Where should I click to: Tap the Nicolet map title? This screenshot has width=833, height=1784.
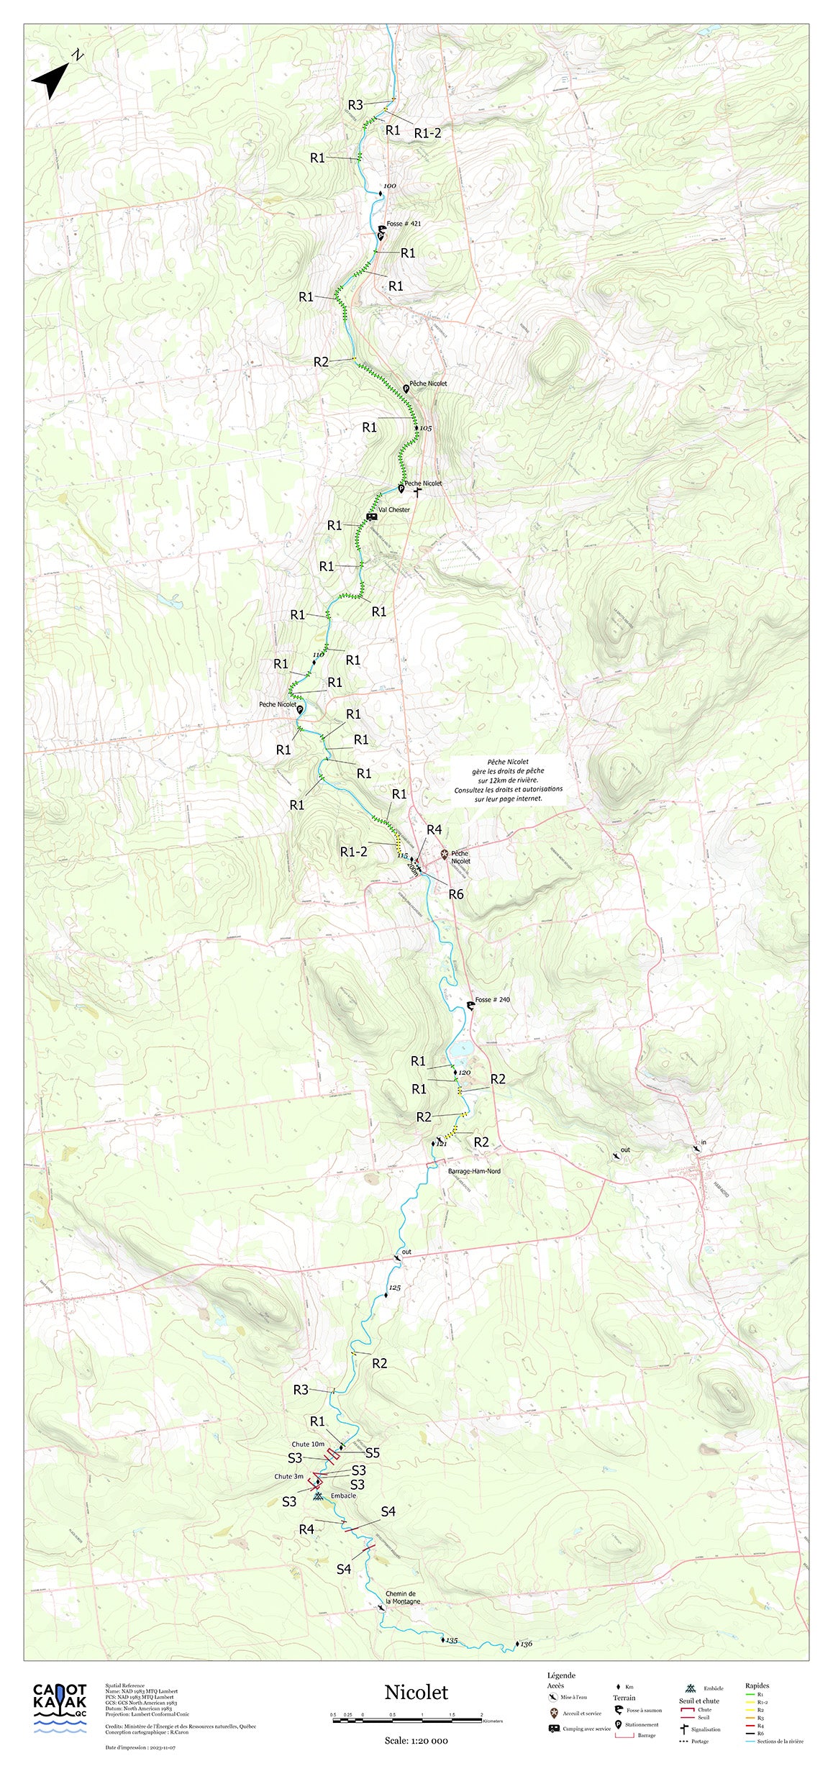pyautogui.click(x=416, y=1692)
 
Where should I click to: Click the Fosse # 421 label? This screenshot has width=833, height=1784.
pyautogui.click(x=404, y=224)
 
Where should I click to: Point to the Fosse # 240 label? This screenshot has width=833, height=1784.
pyautogui.click(x=492, y=999)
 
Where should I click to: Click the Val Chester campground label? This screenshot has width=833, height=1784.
pyautogui.click(x=393, y=509)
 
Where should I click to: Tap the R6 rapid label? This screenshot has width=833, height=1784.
pyautogui.click(x=456, y=894)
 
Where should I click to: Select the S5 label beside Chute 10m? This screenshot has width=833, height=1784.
pyautogui.click(x=372, y=1452)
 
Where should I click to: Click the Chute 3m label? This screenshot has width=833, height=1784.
pyautogui.click(x=288, y=1476)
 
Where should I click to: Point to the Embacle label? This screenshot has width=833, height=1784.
pyautogui.click(x=343, y=1496)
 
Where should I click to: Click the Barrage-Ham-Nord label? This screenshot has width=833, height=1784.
pyautogui.click(x=474, y=1171)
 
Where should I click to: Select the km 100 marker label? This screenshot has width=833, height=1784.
pyautogui.click(x=390, y=186)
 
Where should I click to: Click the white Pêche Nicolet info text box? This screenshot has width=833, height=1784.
pyautogui.click(x=508, y=780)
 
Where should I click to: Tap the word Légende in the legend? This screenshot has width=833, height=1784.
pyautogui.click(x=561, y=1675)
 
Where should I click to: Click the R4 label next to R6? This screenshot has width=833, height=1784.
pyautogui.click(x=434, y=829)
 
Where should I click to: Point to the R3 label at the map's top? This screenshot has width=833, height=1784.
pyautogui.click(x=355, y=105)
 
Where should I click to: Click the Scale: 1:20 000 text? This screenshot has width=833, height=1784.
pyautogui.click(x=416, y=1741)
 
